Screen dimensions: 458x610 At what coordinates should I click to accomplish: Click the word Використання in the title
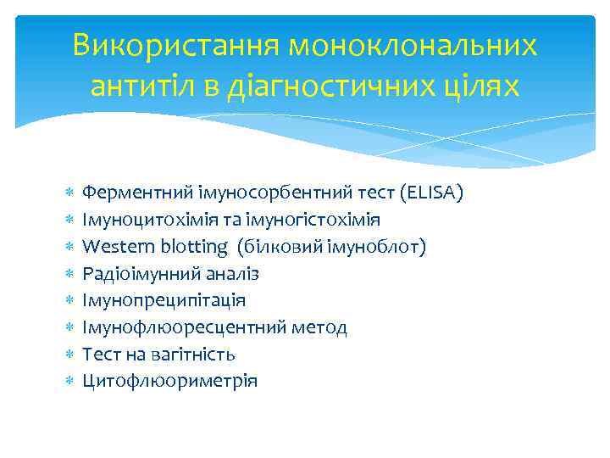click(x=175, y=46)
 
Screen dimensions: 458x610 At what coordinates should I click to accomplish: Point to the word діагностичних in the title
click(x=331, y=86)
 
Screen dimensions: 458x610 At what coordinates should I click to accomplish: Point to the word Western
click(x=110, y=247)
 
